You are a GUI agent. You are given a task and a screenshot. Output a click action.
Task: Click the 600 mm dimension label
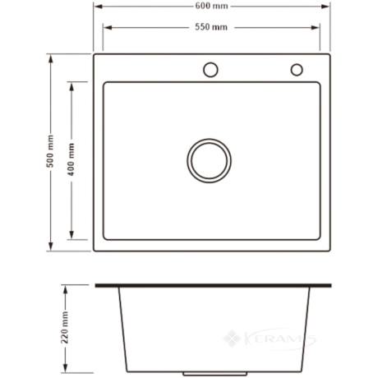(x=211, y=6)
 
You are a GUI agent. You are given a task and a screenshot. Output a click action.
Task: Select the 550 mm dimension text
(x=211, y=27)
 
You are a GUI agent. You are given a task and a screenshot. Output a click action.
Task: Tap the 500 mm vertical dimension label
(x=50, y=151)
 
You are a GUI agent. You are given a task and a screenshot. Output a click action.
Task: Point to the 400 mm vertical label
(x=71, y=159)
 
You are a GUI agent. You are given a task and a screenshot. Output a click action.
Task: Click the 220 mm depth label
(x=65, y=327)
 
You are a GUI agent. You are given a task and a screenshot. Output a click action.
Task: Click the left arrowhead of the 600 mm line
(x=98, y=7)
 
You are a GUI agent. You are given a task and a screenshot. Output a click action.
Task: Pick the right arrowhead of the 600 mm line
(x=325, y=7)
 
